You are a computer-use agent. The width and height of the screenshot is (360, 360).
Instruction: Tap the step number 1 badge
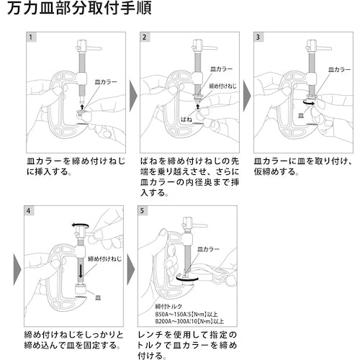[30, 36]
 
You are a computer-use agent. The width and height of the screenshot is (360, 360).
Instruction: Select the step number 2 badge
[145, 36]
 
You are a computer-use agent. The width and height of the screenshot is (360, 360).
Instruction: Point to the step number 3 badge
[258, 36]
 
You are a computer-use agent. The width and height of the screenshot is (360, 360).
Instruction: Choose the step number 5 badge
[145, 212]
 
